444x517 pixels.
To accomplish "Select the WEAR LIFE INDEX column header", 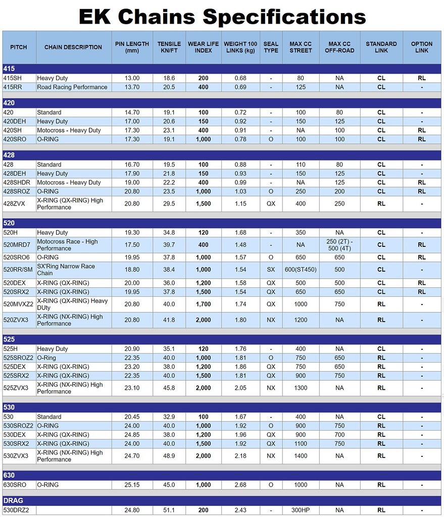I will click(203, 47).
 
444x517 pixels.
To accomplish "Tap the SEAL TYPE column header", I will click(271, 47).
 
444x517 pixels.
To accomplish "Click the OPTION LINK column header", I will click(422, 47).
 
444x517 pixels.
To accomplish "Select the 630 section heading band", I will click(222, 475).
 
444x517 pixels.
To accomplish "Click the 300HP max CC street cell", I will click(301, 510).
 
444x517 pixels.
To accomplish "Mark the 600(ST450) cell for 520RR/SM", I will click(301, 270).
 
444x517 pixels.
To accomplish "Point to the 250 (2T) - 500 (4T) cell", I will click(339, 245).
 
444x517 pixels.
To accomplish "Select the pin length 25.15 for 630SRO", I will click(132, 485).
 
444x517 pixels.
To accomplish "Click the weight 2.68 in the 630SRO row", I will click(240, 485).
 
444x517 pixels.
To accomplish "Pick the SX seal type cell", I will click(271, 270).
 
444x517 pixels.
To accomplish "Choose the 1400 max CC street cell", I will click(301, 456).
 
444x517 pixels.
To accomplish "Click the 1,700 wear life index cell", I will click(203, 304).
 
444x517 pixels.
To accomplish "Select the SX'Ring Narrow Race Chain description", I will click(66, 270).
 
